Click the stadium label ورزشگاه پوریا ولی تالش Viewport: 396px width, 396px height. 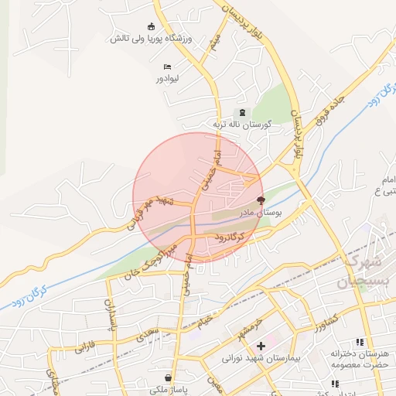tap(155, 38)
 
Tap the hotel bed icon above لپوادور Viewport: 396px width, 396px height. tap(167, 67)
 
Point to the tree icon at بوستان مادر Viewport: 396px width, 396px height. tap(259, 199)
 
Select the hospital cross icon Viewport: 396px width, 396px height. tap(261, 346)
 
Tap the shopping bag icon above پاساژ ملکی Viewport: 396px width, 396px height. tap(168, 378)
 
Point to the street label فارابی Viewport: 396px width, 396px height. tap(86, 343)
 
